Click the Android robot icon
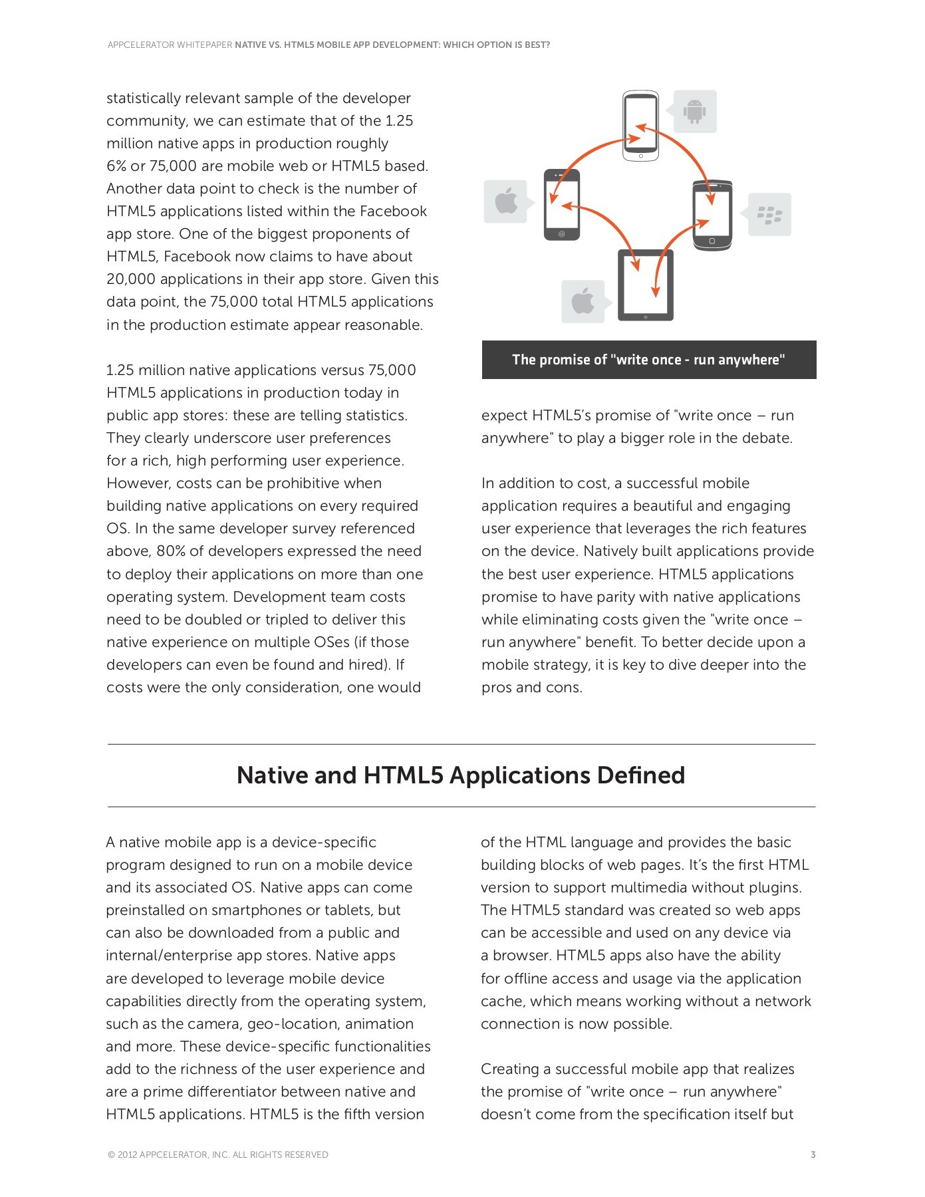tap(694, 111)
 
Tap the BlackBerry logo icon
tap(769, 215)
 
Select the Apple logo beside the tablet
tap(583, 301)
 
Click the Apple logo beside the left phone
tap(506, 201)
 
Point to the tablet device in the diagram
tap(646, 285)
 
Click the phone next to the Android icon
tap(640, 126)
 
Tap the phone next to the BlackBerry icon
tap(712, 215)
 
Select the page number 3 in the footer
tap(813, 1154)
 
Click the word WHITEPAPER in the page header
tap(205, 45)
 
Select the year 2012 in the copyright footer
tap(127, 1155)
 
